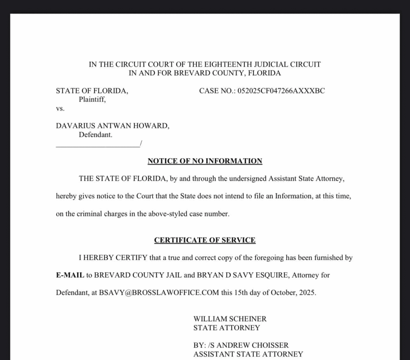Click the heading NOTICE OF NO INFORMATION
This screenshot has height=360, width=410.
click(205, 161)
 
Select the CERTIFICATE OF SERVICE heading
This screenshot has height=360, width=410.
click(205, 240)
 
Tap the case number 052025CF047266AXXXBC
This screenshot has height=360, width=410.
click(281, 91)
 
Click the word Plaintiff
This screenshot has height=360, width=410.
click(92, 99)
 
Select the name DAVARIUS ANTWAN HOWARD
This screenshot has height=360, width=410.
click(112, 126)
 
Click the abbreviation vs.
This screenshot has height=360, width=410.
click(60, 109)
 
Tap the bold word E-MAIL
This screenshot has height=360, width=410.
click(70, 275)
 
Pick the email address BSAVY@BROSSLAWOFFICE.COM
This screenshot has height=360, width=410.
click(159, 293)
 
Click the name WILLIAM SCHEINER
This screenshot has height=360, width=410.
click(230, 319)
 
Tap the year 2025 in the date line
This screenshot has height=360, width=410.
click(307, 293)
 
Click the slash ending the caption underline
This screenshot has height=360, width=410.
click(141, 144)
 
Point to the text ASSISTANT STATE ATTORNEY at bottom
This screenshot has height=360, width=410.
click(248, 354)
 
